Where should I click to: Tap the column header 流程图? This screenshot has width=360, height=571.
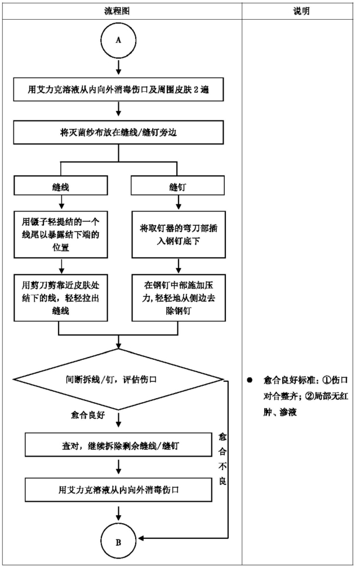(117, 11)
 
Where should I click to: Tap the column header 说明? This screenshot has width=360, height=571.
(301, 11)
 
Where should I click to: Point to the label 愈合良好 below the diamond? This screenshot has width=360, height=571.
(88, 415)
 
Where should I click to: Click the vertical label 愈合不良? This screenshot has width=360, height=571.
(223, 459)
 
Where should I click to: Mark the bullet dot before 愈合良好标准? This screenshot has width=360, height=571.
(250, 380)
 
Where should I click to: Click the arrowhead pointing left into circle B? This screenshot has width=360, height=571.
(141, 538)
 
